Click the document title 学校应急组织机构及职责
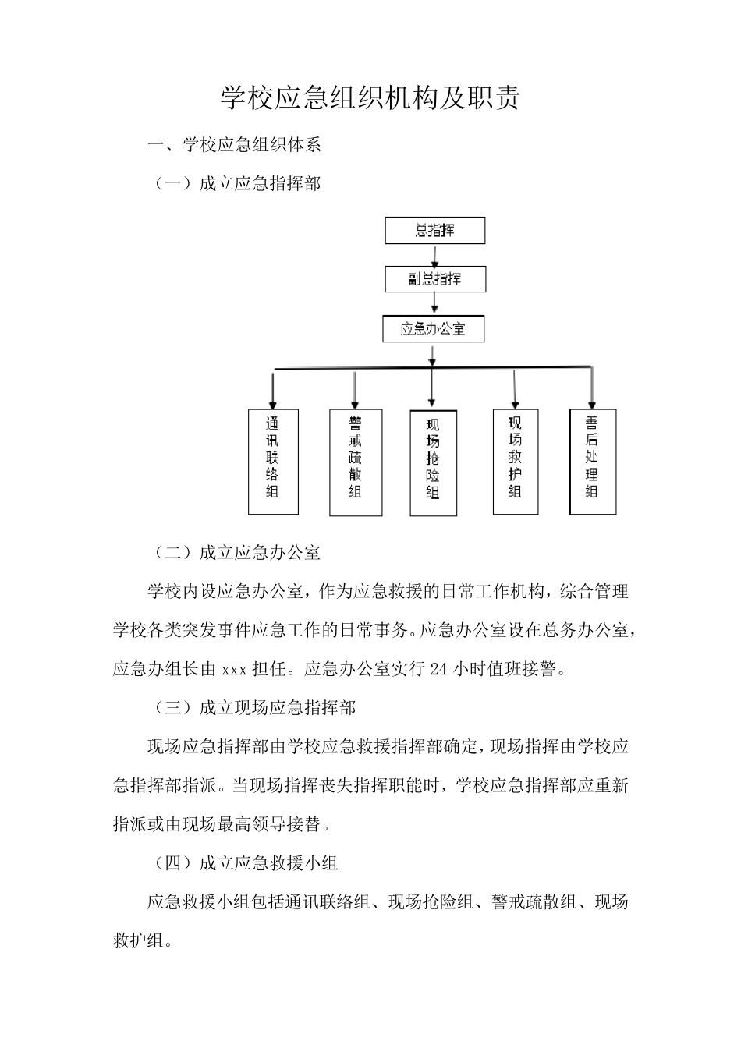click(x=370, y=98)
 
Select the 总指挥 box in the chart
click(x=434, y=231)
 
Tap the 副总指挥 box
click(x=434, y=279)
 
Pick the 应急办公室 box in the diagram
click(x=433, y=328)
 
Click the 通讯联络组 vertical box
click(x=273, y=461)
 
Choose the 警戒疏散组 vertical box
click(x=356, y=462)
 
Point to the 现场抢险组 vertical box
click(x=433, y=462)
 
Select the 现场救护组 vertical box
click(x=515, y=461)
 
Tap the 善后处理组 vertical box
click(x=593, y=461)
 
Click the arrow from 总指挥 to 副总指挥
click(x=435, y=255)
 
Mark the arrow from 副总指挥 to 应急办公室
click(x=434, y=303)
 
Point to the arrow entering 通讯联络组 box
click(x=273, y=389)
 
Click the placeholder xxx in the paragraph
click(x=235, y=670)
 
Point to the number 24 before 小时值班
click(x=439, y=670)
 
